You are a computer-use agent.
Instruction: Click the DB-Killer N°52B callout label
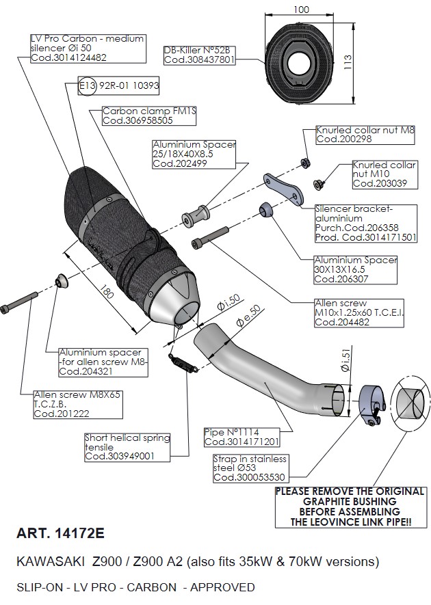199,55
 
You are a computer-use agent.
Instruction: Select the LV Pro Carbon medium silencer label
88,48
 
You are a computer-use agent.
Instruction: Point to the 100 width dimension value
300,10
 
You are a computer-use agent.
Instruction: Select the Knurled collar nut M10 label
384,174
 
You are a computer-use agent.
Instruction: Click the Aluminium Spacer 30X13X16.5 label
355,269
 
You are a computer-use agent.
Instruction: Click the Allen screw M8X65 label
79,404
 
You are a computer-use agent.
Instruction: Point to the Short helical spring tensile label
127,446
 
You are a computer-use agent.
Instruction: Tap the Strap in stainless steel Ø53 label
250,468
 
